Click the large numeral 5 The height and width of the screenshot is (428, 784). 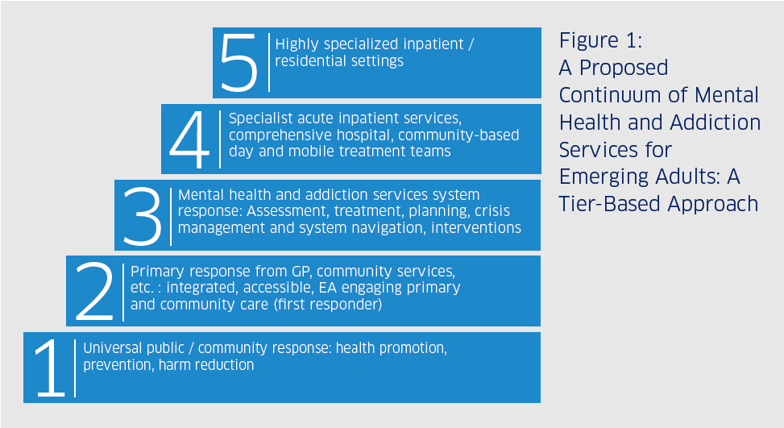pos(239,63)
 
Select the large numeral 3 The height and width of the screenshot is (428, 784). pos(143,216)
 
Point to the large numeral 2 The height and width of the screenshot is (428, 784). pos(94,292)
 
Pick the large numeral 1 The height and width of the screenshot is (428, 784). pos(51,368)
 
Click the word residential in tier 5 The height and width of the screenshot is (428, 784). pos(305,61)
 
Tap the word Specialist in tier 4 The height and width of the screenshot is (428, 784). pos(260,118)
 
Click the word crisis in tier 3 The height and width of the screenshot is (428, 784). pos(492,211)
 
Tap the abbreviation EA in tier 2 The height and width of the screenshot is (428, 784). pos(327,288)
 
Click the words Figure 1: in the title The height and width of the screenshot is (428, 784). pos(600,41)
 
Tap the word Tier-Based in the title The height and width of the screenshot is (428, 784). pos(609,204)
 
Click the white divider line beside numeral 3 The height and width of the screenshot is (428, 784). pos(171,217)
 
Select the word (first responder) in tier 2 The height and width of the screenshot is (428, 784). pos(328,305)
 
